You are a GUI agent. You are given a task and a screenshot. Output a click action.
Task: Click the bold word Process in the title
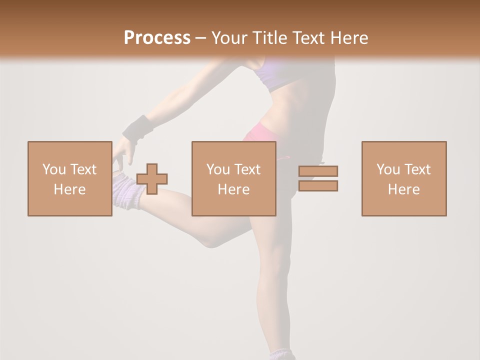click(157, 38)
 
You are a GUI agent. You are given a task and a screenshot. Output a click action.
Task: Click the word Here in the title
click(349, 38)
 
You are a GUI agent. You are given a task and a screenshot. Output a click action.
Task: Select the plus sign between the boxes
click(152, 179)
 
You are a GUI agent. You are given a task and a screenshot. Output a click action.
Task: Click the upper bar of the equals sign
click(318, 171)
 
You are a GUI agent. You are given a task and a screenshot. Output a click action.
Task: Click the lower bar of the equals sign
click(318, 185)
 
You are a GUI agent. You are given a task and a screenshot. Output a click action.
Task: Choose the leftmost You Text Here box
click(69, 178)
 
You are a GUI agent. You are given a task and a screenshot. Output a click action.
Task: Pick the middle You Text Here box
click(233, 178)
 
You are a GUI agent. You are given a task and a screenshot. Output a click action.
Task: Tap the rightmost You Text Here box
click(403, 178)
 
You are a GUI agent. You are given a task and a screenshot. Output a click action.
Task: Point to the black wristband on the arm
click(137, 128)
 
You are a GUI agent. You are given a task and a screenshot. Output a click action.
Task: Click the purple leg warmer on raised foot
click(127, 190)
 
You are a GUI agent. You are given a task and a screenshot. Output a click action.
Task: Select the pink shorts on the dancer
click(265, 135)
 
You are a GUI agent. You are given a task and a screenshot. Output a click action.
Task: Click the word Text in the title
click(309, 38)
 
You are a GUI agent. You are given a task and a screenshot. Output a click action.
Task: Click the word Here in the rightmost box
click(403, 189)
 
